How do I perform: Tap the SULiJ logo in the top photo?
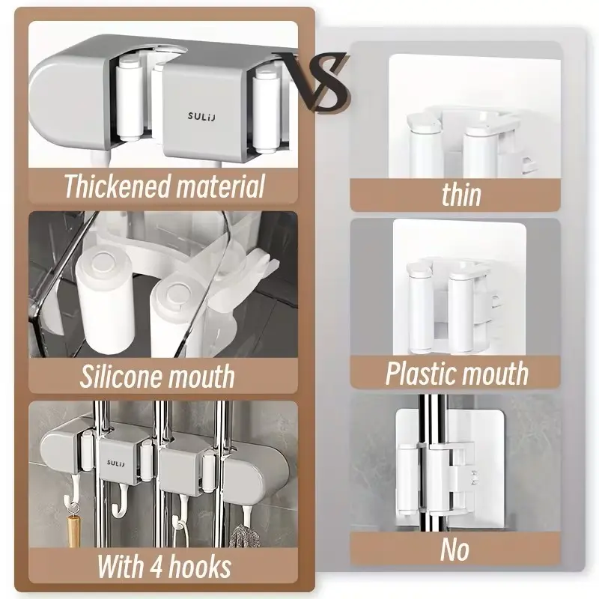[201, 116]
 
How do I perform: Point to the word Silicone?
[121, 376]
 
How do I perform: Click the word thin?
[461, 195]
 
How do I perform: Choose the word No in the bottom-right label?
[454, 550]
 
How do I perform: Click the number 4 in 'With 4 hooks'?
[156, 567]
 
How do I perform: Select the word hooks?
[200, 567]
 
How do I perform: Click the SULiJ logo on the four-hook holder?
[116, 463]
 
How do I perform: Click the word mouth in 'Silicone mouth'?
[201, 377]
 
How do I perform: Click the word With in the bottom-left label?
[121, 567]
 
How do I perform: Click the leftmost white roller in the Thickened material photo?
[129, 99]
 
